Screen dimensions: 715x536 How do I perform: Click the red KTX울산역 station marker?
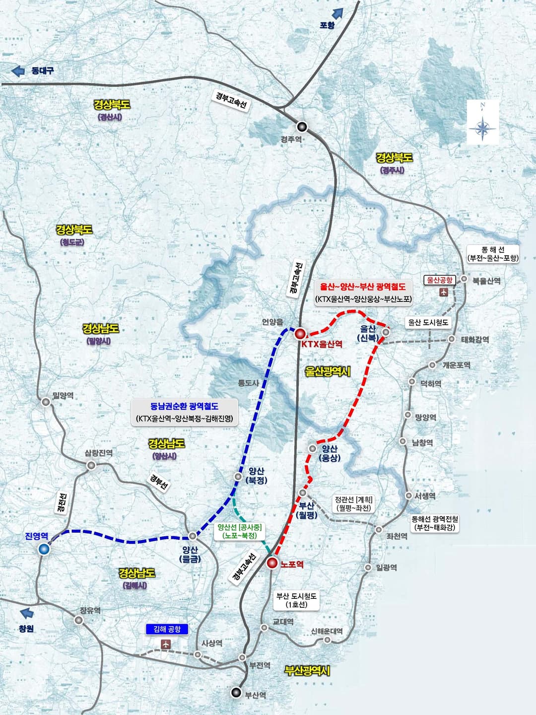pyautogui.click(x=300, y=333)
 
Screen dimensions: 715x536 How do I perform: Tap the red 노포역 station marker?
pyautogui.click(x=272, y=563)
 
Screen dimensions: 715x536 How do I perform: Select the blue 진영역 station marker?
pyautogui.click(x=44, y=549)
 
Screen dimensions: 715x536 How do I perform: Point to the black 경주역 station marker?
pyautogui.click(x=302, y=127)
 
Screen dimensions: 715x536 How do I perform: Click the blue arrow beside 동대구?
pyautogui.click(x=18, y=71)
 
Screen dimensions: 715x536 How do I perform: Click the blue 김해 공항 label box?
pyautogui.click(x=167, y=629)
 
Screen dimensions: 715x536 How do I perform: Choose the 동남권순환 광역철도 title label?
pyautogui.click(x=184, y=406)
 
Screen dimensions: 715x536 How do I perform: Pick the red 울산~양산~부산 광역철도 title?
pyautogui.click(x=363, y=286)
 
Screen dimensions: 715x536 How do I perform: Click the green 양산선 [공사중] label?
pyautogui.click(x=240, y=527)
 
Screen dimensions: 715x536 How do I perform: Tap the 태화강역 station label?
pyautogui.click(x=475, y=340)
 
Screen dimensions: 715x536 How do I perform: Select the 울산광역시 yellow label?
pyautogui.click(x=328, y=371)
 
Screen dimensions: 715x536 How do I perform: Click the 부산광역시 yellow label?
pyautogui.click(x=307, y=671)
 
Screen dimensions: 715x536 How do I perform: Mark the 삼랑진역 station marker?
pyautogui.click(x=91, y=465)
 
